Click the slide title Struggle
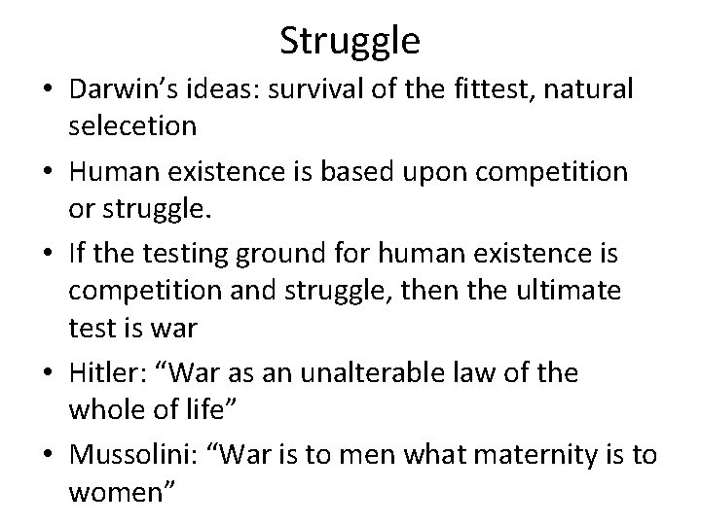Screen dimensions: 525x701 pyautogui.click(x=350, y=41)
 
